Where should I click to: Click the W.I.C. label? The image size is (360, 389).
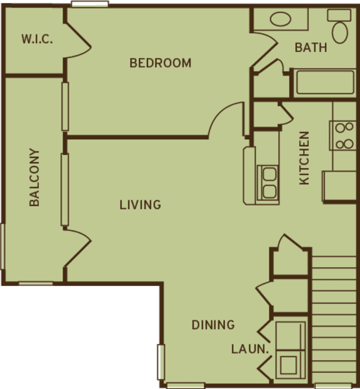pos(37,39)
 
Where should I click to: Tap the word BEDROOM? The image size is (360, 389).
pos(160,63)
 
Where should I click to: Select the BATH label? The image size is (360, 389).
pos(311,47)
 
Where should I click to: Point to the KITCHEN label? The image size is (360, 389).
pos(304,157)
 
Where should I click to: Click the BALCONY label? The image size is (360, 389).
pos(34,177)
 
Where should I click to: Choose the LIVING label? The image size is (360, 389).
pos(140,205)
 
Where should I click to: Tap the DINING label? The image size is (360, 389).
pos(212,325)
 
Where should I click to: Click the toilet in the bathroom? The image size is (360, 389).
pos(340,29)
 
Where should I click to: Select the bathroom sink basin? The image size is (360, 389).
pos(281,19)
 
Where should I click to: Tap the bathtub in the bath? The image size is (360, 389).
pos(324,82)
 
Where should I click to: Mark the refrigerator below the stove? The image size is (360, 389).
pos(338,186)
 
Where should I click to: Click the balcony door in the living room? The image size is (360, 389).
pos(77,248)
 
